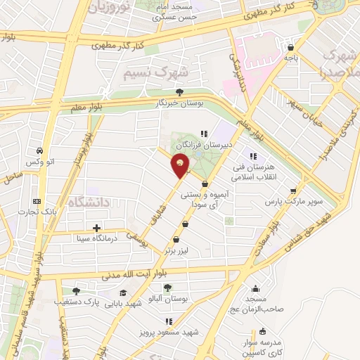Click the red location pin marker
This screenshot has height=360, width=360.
[x=181, y=165]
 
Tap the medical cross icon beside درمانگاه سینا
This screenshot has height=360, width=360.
[x=96, y=228]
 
